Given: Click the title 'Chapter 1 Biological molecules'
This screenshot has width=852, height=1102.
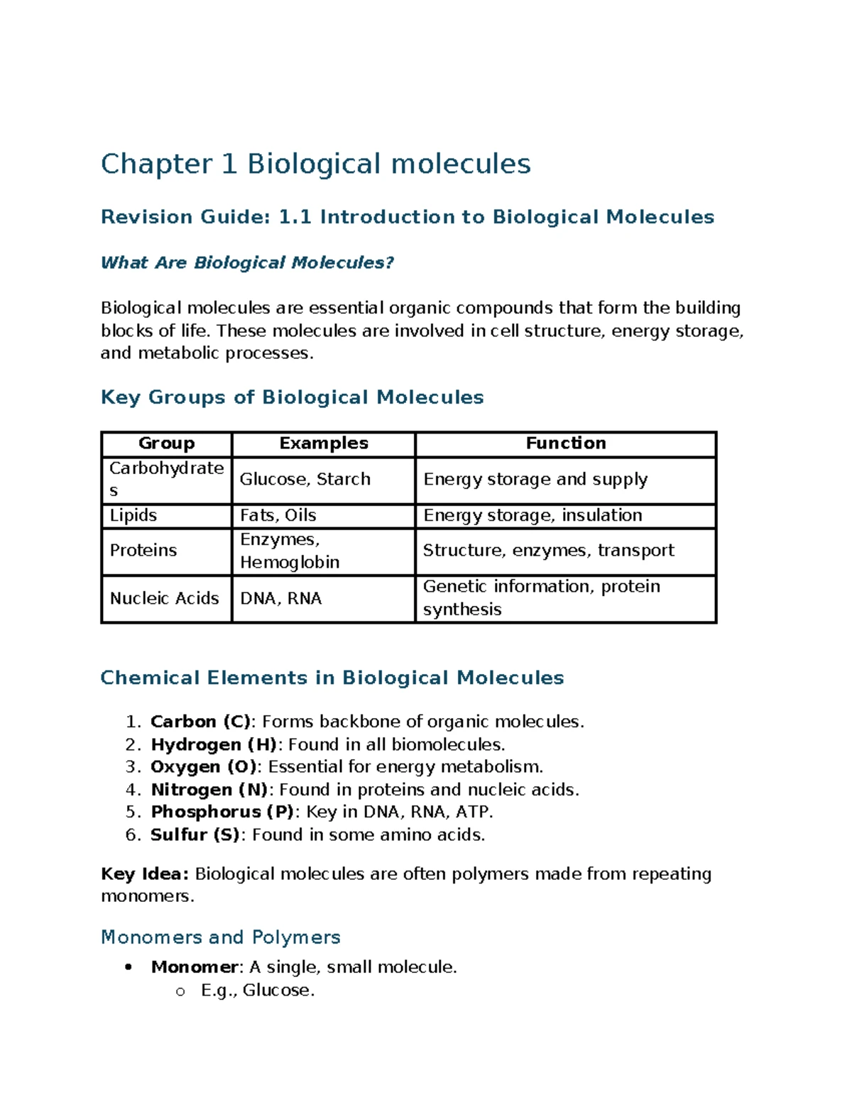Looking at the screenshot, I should (x=315, y=164).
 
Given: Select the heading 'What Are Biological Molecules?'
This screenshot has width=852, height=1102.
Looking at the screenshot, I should (x=247, y=263).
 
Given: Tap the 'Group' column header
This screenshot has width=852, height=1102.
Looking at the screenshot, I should (x=166, y=443).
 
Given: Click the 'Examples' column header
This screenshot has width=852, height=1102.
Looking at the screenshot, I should (x=323, y=443).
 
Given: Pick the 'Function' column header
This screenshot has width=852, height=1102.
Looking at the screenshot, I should (x=565, y=443).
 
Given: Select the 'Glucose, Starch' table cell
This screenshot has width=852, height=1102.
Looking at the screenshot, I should (x=305, y=480).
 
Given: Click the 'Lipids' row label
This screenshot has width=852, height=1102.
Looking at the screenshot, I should (x=133, y=515).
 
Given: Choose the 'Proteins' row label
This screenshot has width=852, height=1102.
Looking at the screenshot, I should (x=143, y=551).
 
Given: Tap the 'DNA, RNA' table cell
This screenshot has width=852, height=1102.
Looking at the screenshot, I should (x=280, y=599).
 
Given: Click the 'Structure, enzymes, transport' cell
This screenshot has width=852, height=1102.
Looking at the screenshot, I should (x=548, y=551).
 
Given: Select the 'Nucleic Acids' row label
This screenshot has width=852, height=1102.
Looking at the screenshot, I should (x=164, y=599).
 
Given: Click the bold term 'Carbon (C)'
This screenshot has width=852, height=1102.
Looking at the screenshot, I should (x=201, y=722).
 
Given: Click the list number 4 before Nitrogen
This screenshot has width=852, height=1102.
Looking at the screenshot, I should (x=132, y=790).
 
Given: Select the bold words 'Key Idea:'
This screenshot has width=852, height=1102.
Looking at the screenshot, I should (x=145, y=874).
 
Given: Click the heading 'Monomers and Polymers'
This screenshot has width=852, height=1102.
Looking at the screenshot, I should (x=221, y=937).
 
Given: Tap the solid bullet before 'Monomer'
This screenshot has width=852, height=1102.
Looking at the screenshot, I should (x=128, y=967).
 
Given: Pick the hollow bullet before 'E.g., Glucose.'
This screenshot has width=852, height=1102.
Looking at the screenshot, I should (x=180, y=991).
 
